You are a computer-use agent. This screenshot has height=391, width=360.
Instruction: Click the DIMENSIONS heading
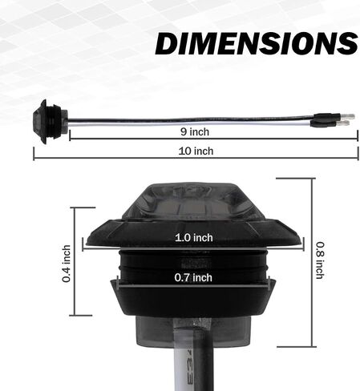tap(257, 43)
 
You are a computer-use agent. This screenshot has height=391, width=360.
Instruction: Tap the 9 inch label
tap(195, 132)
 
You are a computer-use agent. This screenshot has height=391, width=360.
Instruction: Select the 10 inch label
tap(196, 151)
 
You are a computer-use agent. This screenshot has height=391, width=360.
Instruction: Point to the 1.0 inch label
tap(194, 238)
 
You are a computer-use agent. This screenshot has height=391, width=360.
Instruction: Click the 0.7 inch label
tap(193, 278)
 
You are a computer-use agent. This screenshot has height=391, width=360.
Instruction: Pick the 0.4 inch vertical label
tap(67, 264)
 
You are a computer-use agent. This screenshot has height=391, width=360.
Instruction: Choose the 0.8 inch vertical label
tap(320, 260)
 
